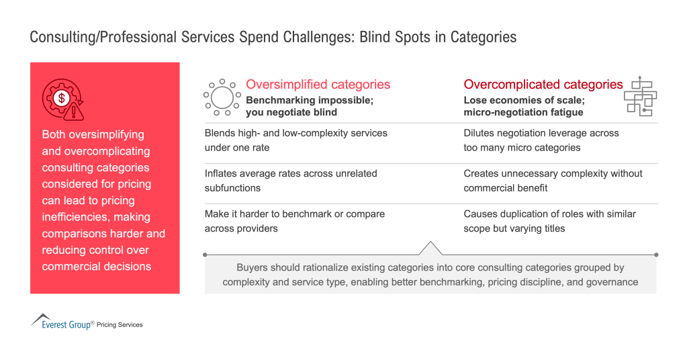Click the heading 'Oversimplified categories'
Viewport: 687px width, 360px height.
(318, 85)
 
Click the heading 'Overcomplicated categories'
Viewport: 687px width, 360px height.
(543, 85)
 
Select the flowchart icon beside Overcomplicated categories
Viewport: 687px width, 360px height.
(640, 96)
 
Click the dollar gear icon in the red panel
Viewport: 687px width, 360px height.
(62, 99)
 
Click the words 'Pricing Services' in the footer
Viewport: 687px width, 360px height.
(120, 325)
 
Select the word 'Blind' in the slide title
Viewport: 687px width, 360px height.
(377, 37)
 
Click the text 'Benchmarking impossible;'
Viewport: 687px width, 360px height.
(309, 100)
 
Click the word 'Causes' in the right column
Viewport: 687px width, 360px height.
(479, 214)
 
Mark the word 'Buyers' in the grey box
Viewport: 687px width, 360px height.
(252, 267)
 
